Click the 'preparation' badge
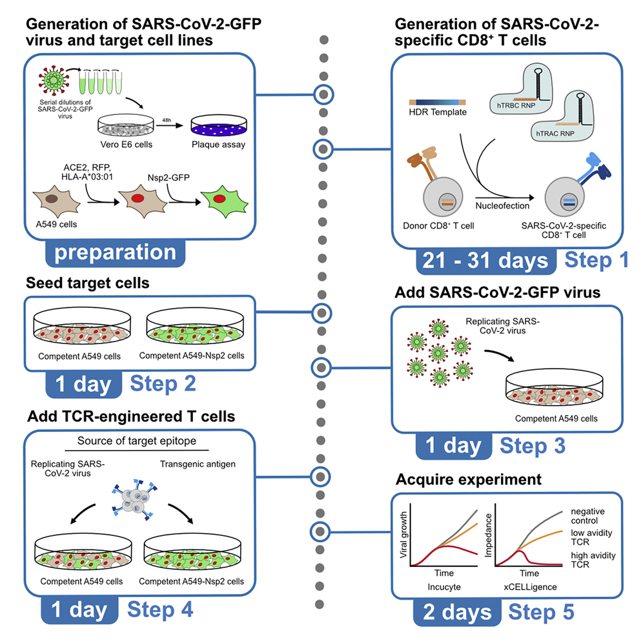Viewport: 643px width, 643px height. point(115,252)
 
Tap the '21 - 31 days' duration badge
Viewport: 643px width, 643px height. point(485,260)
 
